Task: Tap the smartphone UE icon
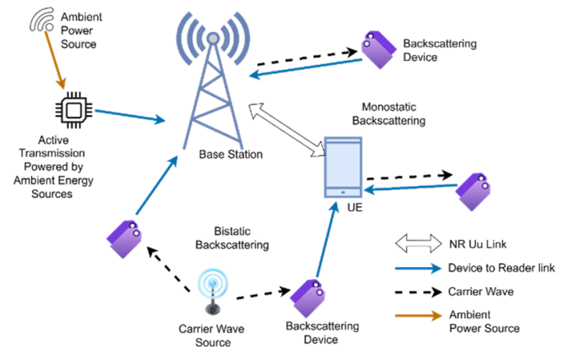click(x=343, y=168)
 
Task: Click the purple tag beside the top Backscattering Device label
click(x=377, y=50)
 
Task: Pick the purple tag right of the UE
click(x=474, y=192)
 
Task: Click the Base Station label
click(x=231, y=155)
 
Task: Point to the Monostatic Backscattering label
click(x=389, y=114)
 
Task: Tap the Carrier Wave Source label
click(x=212, y=335)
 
